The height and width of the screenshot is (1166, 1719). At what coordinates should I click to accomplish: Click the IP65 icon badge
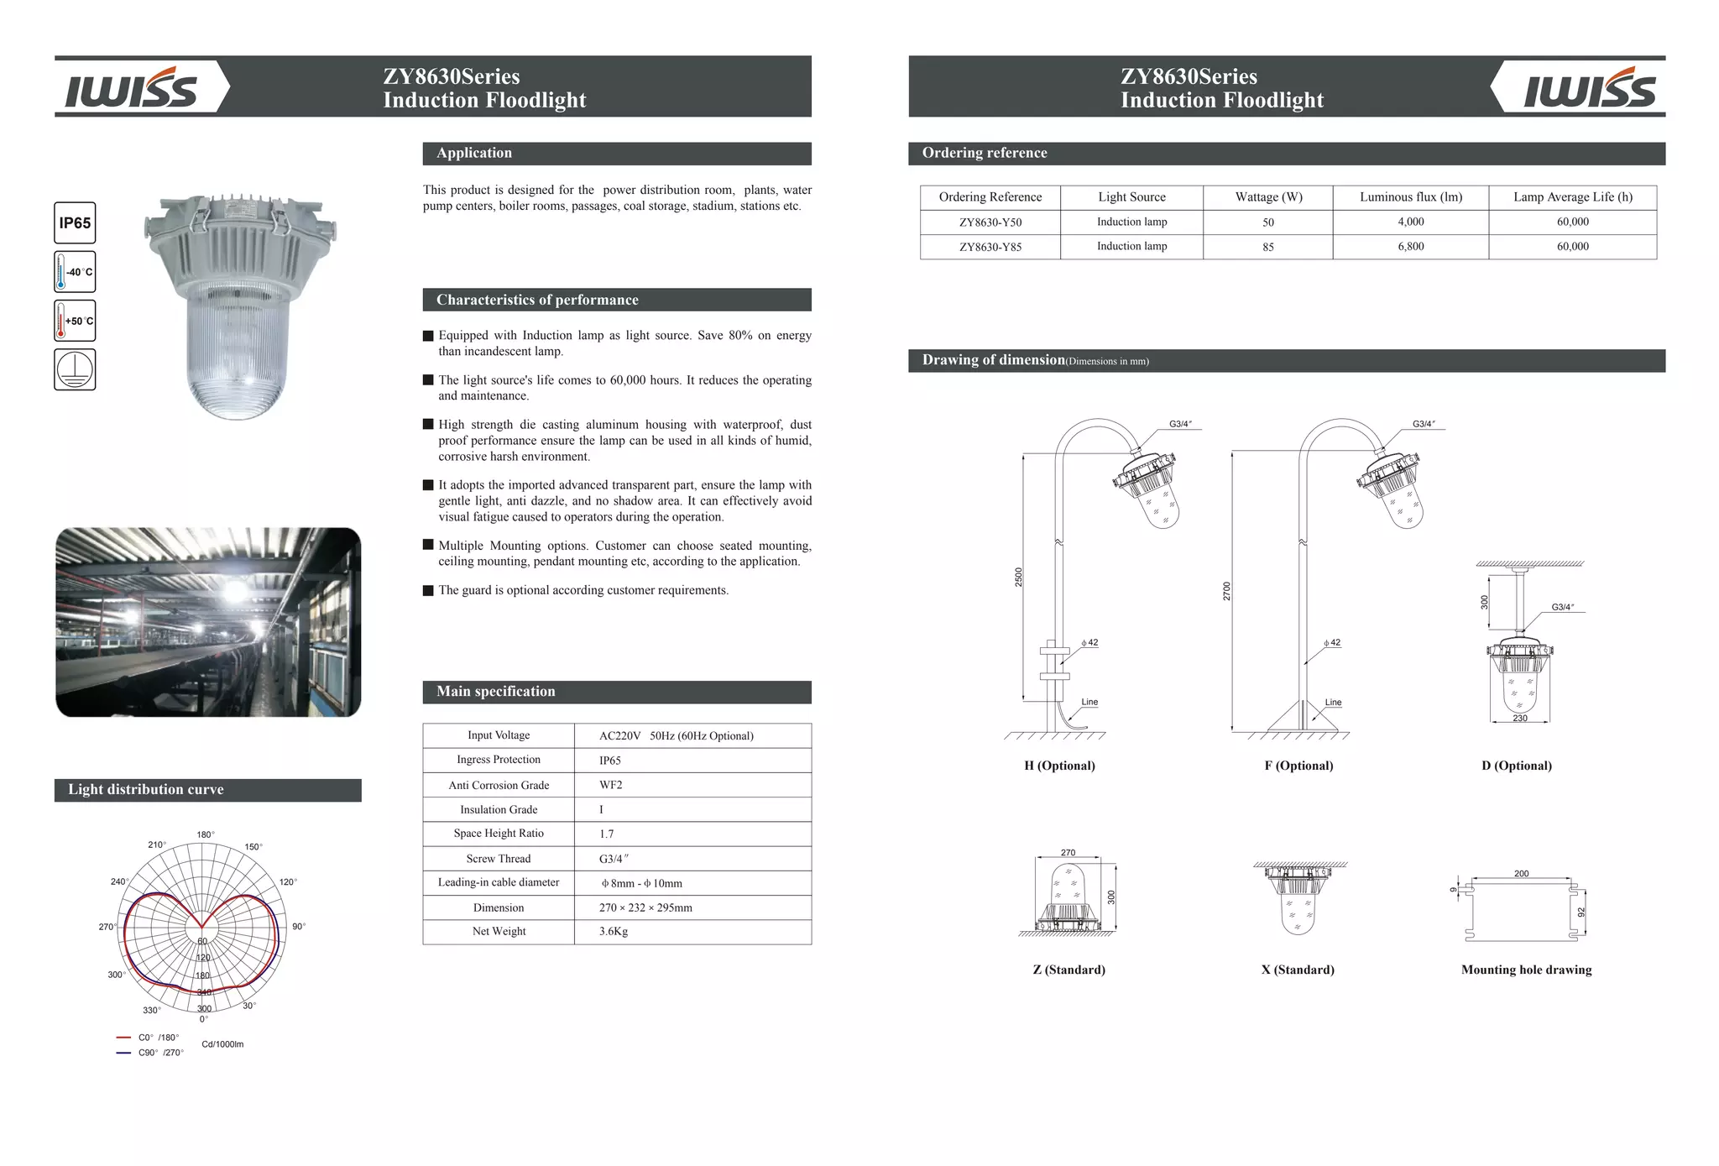(x=75, y=223)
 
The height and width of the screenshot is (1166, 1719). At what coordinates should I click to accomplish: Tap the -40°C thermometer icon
(x=75, y=272)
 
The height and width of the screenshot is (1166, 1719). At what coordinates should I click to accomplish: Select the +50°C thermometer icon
(x=75, y=321)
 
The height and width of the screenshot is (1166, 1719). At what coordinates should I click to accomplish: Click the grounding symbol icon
(x=75, y=369)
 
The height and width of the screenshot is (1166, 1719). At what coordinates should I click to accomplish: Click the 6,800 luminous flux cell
(x=1410, y=247)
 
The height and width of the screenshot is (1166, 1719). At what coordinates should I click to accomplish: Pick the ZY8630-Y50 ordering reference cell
(x=990, y=222)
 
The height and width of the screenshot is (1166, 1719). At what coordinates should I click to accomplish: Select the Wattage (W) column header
(x=1268, y=197)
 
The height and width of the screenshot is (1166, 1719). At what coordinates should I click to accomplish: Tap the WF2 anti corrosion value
(x=611, y=785)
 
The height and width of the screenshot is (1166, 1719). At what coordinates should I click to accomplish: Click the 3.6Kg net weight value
(x=614, y=932)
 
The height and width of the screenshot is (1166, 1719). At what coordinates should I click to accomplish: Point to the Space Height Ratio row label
(x=499, y=834)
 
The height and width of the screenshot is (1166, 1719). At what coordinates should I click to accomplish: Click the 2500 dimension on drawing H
(x=1018, y=578)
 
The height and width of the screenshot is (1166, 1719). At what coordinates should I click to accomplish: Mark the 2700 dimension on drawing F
(x=1226, y=591)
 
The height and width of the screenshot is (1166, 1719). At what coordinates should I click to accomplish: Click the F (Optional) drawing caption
(x=1298, y=766)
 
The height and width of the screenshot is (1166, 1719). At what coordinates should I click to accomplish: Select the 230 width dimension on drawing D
(x=1519, y=719)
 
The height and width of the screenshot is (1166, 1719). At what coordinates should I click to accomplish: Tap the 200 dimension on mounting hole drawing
(x=1521, y=874)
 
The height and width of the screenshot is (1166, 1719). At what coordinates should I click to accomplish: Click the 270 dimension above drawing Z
(x=1068, y=853)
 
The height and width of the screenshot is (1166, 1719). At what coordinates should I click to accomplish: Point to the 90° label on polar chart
(x=299, y=927)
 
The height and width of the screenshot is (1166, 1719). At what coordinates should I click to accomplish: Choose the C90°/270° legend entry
(x=159, y=1053)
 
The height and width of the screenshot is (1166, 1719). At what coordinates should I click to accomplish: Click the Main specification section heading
(x=496, y=692)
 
